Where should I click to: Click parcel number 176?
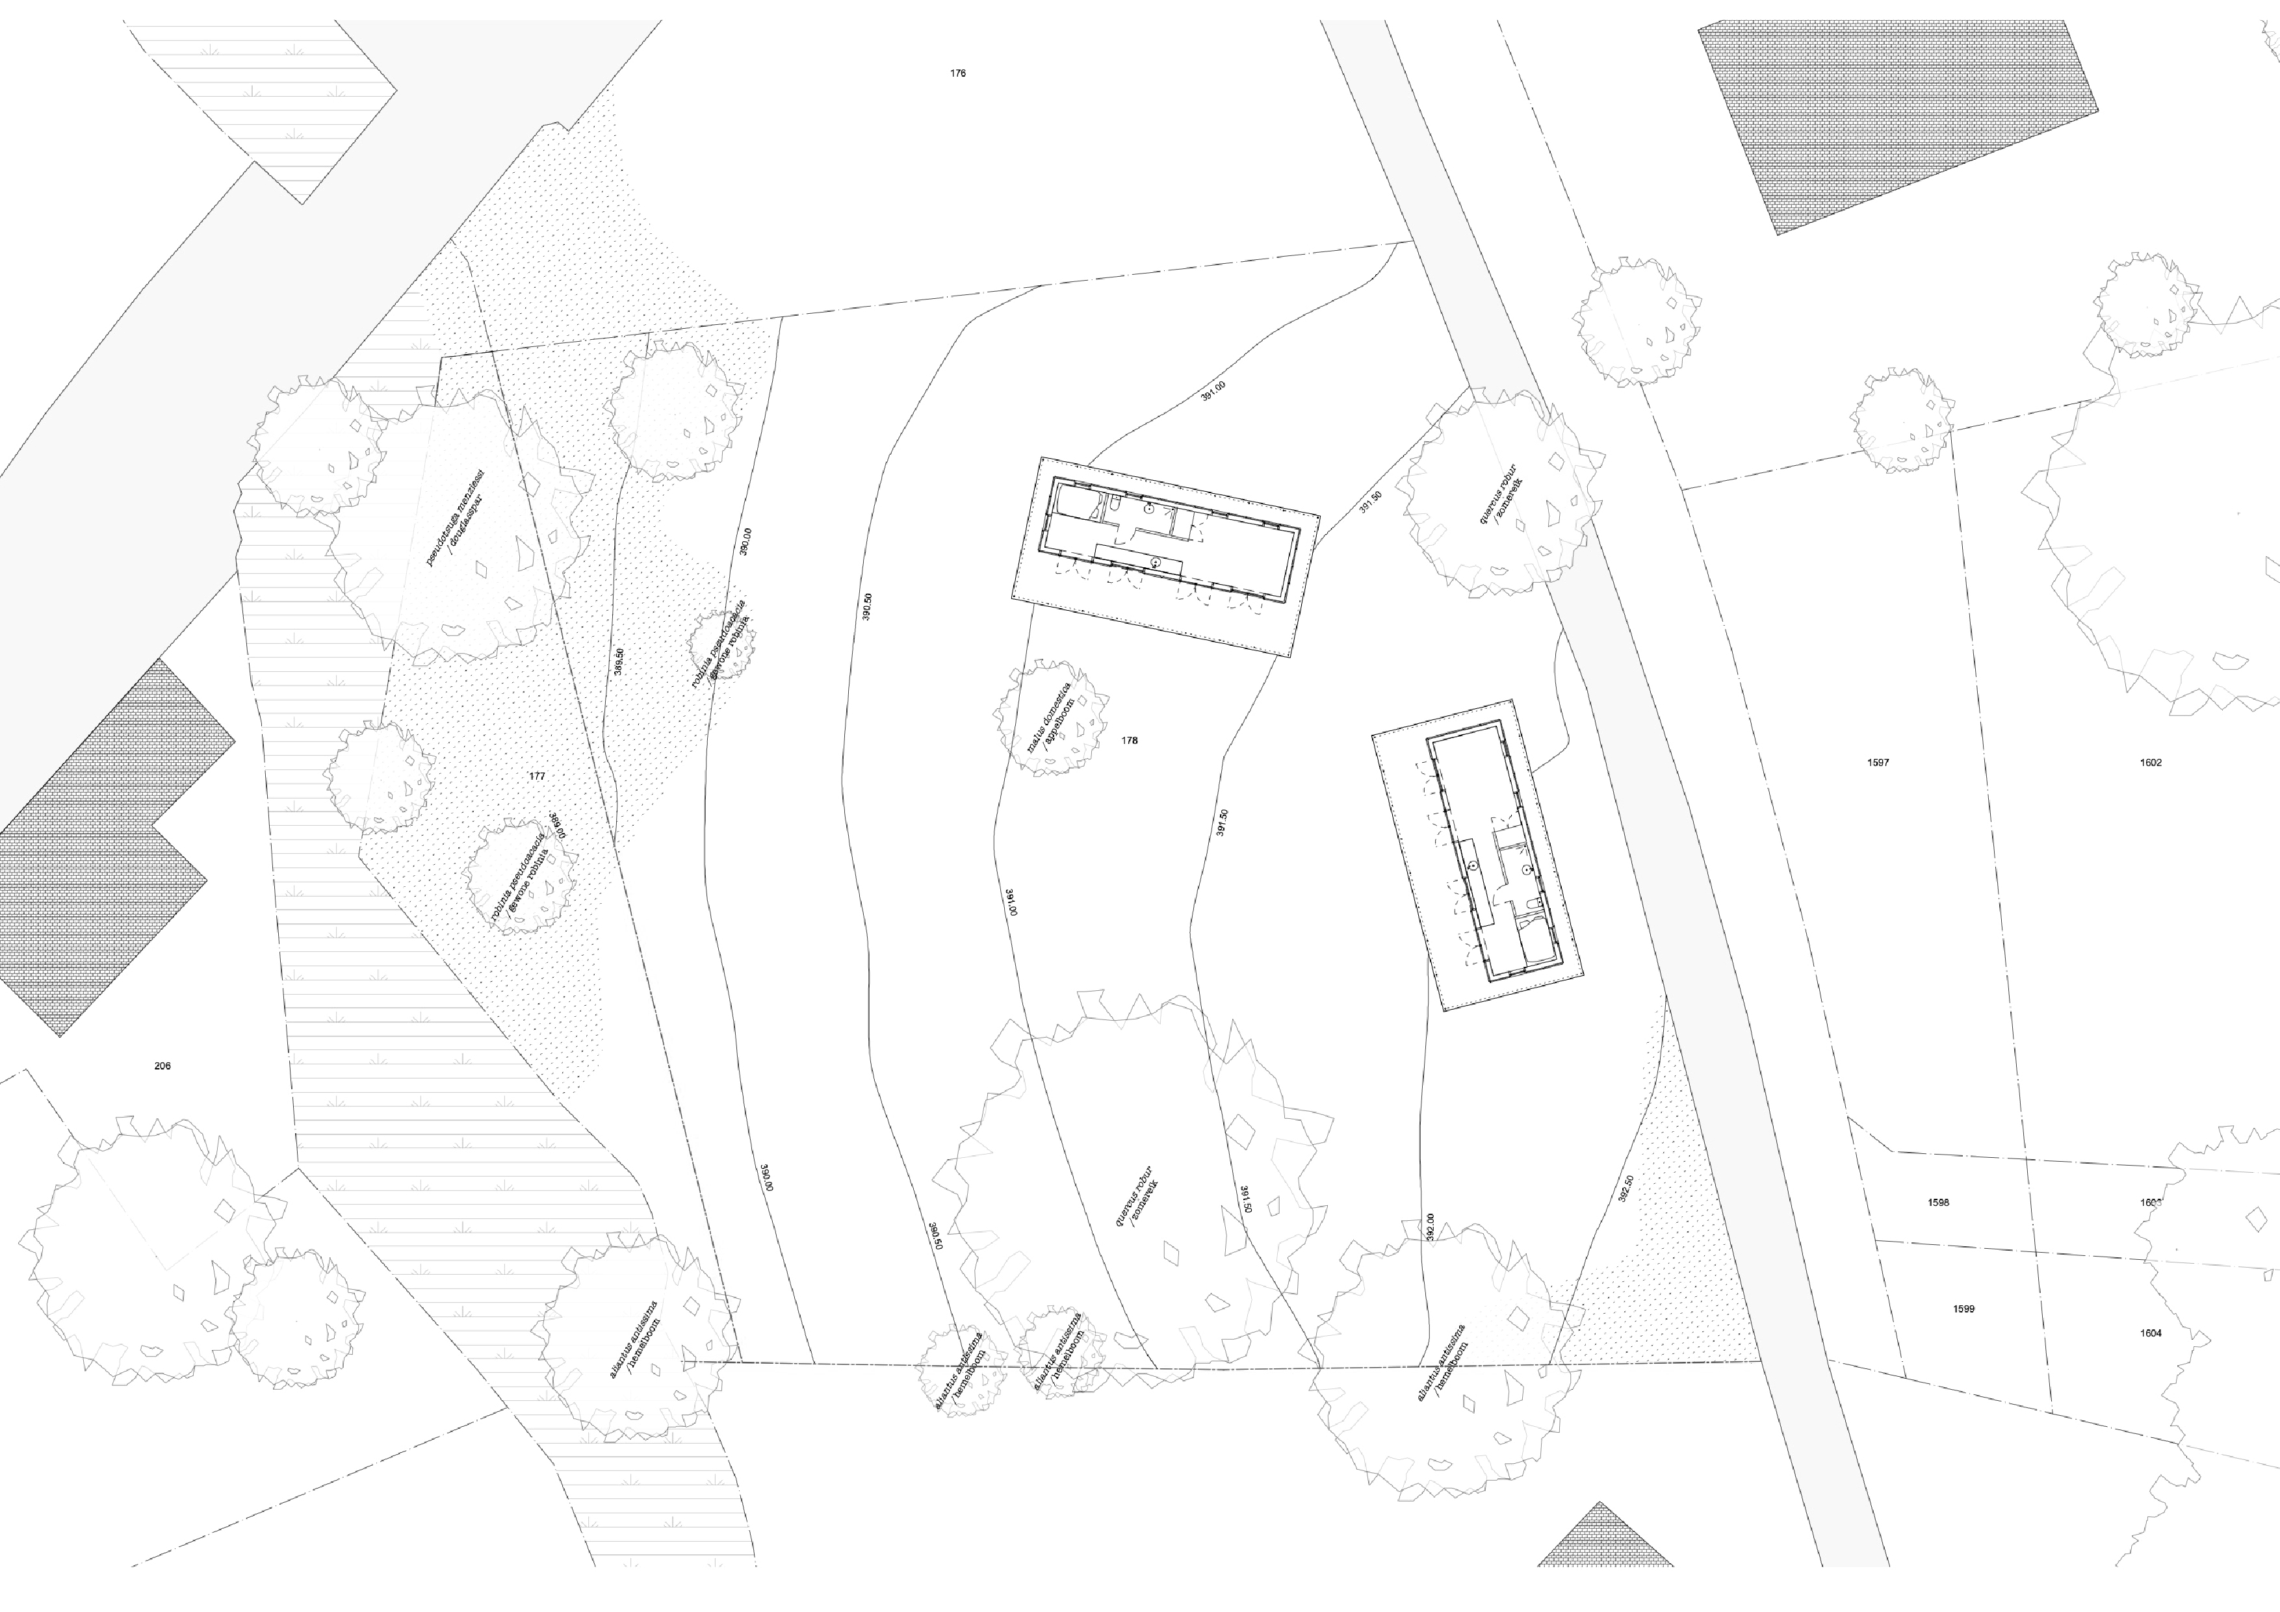pos(957,73)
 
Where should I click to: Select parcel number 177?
pos(538,776)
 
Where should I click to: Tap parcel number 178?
pos(1129,741)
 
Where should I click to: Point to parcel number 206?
pos(163,1066)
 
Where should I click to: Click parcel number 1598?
pos(1937,1202)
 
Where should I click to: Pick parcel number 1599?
pos(1963,1309)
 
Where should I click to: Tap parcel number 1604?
pos(2151,1333)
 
